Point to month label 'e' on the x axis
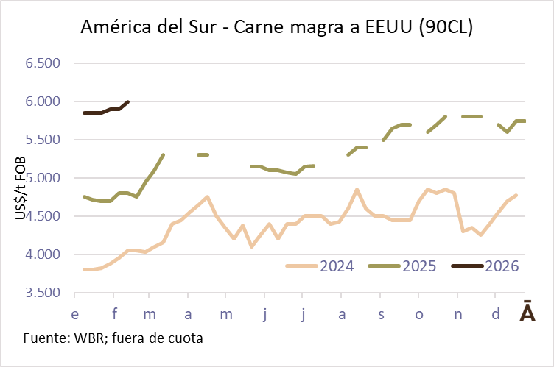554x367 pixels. pos(74,315)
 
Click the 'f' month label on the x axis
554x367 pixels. pos(115,315)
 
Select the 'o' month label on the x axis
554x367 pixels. pos(420,315)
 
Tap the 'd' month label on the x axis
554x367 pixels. pos(496,315)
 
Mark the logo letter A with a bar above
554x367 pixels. pos(527,313)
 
